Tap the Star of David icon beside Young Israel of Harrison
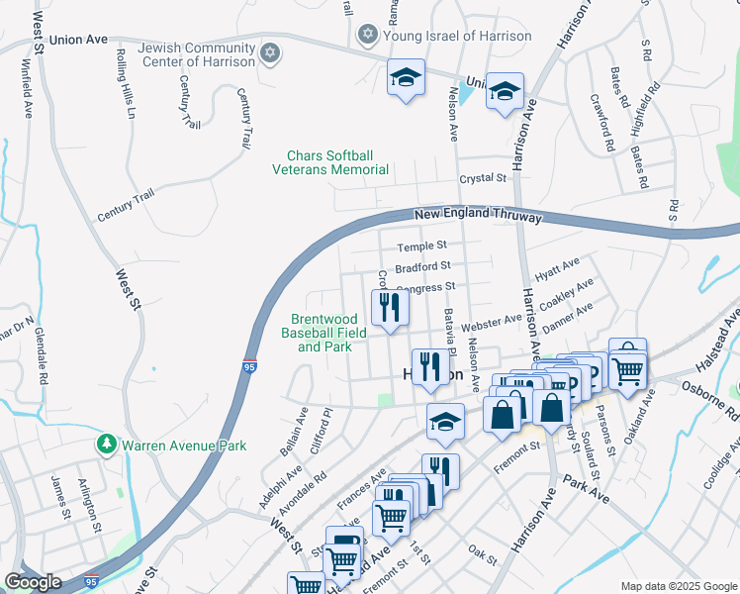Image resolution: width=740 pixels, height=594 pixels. click(x=368, y=36)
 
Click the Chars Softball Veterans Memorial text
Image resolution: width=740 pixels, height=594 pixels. click(x=330, y=162)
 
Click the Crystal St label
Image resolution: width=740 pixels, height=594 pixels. click(x=483, y=178)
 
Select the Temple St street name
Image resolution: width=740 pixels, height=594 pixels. click(x=422, y=247)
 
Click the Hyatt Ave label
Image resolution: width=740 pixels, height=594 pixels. click(x=557, y=267)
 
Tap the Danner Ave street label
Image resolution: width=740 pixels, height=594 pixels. click(x=569, y=314)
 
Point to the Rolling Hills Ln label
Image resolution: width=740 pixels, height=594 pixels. click(x=125, y=83)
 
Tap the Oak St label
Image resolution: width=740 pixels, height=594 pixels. click(x=482, y=555)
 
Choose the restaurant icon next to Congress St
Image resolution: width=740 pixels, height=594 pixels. click(x=389, y=307)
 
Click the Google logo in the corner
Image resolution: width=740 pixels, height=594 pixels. click(x=33, y=582)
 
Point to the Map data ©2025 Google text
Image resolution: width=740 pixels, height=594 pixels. click(x=678, y=586)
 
